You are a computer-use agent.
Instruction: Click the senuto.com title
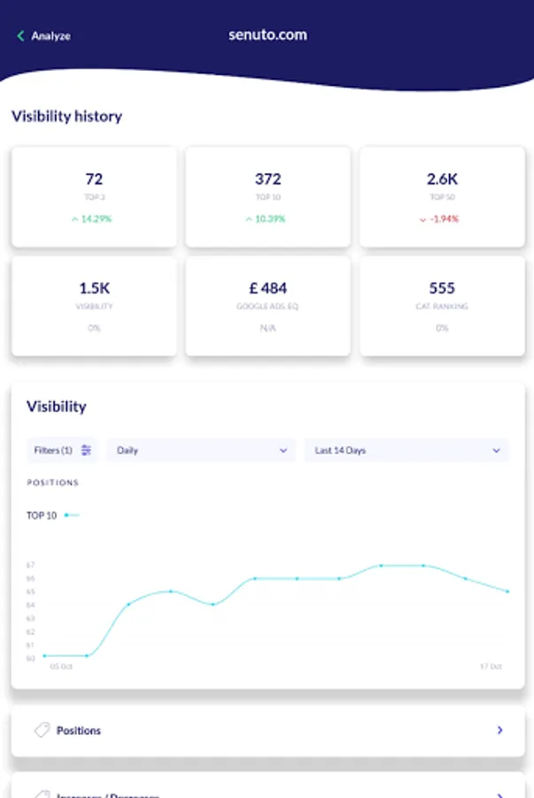coord(267,35)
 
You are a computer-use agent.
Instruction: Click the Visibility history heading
coord(66,116)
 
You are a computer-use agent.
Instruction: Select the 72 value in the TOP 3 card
coord(94,179)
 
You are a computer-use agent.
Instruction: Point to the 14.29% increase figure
coord(93,219)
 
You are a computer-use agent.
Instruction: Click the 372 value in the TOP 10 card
coord(267,179)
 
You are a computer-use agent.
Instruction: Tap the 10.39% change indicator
coord(267,219)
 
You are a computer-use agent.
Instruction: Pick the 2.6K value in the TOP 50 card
coord(442,179)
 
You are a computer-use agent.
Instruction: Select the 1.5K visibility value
coord(94,288)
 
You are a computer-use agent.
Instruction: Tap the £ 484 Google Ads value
coord(267,288)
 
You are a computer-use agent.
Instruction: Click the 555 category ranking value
coord(442,288)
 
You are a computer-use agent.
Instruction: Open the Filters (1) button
coord(62,450)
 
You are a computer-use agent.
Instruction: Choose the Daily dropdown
coord(202,450)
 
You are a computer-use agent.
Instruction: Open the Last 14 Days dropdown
coord(407,450)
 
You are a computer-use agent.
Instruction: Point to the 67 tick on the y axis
coord(31,565)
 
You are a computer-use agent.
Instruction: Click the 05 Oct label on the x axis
coord(61,666)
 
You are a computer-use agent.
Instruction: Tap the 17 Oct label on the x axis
coord(491,666)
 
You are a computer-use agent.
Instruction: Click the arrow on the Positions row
coord(500,731)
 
